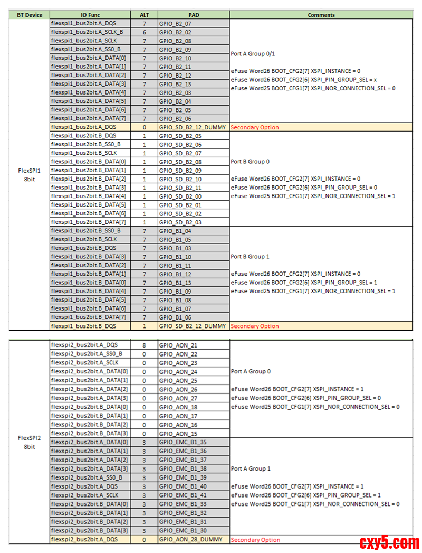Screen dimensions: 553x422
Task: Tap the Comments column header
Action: coord(321,15)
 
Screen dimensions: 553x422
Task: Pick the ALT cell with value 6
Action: coord(144,32)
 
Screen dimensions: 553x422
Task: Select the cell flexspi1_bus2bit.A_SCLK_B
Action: coord(87,32)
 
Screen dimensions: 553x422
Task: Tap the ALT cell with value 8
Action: coord(144,345)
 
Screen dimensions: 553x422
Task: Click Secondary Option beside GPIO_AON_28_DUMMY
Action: coord(255,540)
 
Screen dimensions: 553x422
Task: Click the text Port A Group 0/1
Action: coord(253,54)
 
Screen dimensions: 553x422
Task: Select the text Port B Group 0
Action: coord(250,162)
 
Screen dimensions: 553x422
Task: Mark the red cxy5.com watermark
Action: coord(389,542)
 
